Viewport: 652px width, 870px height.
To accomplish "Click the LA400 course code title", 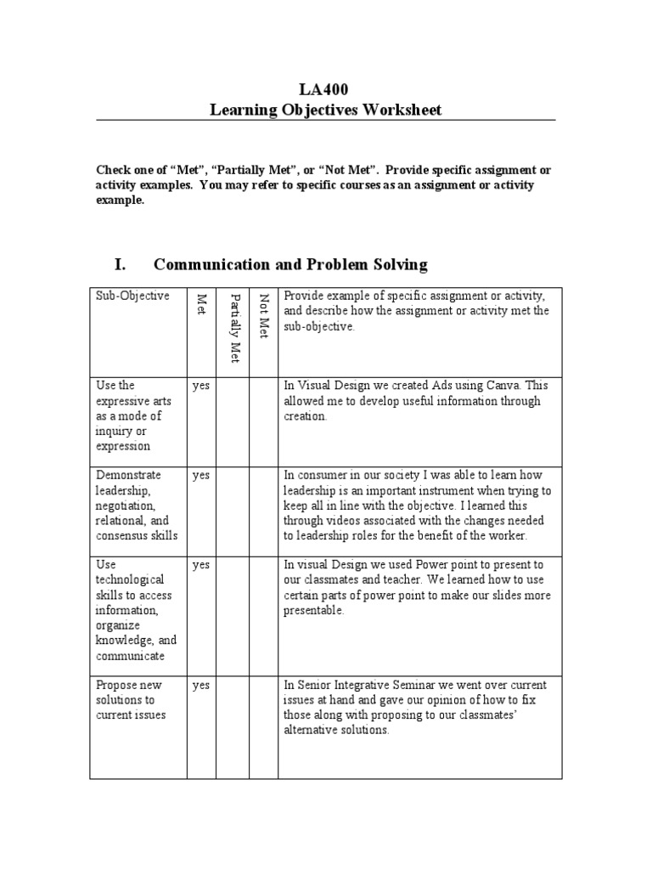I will pos(324,89).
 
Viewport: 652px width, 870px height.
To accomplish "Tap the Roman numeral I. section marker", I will pos(121,264).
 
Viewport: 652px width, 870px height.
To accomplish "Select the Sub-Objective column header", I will pos(132,296).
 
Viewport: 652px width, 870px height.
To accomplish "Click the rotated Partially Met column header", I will pos(235,327).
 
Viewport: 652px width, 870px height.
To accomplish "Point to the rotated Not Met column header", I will pos(263,316).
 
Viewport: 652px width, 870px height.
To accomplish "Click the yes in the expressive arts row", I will pos(200,385).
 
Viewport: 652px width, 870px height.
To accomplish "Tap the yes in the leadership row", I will pos(200,475).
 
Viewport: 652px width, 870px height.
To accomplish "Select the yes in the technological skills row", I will pos(200,565).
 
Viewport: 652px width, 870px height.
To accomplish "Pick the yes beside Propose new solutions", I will pos(200,685).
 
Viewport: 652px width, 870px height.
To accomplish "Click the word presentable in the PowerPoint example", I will pos(313,611).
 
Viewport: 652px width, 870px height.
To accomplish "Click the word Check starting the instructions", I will pos(113,170).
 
